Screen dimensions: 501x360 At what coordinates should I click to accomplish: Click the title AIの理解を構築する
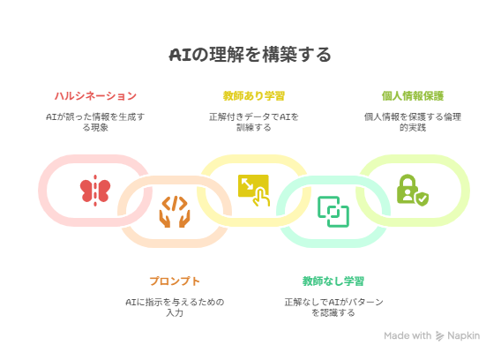pyautogui.click(x=250, y=55)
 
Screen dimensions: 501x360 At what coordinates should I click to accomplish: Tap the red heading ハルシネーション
pyautogui.click(x=95, y=95)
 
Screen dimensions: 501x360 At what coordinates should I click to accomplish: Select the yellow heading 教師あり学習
pyautogui.click(x=254, y=95)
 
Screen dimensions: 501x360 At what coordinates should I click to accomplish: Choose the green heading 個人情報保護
pyautogui.click(x=413, y=95)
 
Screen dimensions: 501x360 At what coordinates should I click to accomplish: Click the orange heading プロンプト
pyautogui.click(x=175, y=281)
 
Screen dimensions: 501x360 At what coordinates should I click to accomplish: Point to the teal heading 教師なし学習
pyautogui.click(x=333, y=281)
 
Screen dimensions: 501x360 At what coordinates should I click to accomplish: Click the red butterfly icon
pyautogui.click(x=95, y=191)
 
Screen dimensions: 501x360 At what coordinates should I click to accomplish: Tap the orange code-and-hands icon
pyautogui.click(x=175, y=212)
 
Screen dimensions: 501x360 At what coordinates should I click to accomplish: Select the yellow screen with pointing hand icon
pyautogui.click(x=254, y=191)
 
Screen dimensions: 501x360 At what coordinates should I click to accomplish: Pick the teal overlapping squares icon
pyautogui.click(x=333, y=212)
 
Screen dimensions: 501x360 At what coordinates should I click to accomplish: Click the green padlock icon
pyautogui.click(x=413, y=191)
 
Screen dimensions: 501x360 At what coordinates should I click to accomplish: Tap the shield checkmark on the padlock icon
pyautogui.click(x=422, y=199)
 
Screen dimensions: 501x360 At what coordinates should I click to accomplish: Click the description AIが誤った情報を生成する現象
pyautogui.click(x=95, y=122)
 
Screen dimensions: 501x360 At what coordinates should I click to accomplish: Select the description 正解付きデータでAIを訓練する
pyautogui.click(x=254, y=122)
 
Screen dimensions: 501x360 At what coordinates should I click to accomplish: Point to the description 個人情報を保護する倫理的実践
pyautogui.click(x=413, y=122)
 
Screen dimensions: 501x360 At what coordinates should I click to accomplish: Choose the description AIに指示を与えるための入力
pyautogui.click(x=175, y=307)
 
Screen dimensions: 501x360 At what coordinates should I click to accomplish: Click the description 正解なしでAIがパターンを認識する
pyautogui.click(x=333, y=307)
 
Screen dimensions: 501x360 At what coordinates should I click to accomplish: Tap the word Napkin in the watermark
pyautogui.click(x=463, y=335)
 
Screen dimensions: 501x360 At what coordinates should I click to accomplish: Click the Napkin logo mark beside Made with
pyautogui.click(x=439, y=335)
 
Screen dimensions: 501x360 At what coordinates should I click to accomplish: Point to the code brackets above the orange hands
pyautogui.click(x=175, y=204)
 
